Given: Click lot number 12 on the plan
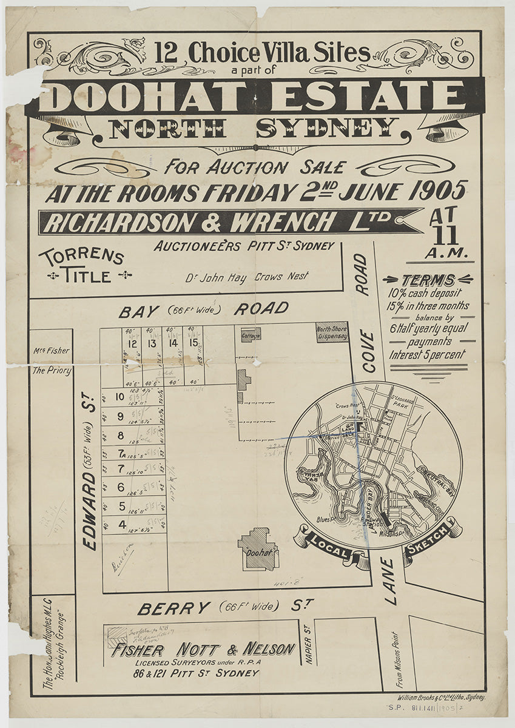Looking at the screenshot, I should [x=132, y=344].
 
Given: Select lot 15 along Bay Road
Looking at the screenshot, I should [x=194, y=343].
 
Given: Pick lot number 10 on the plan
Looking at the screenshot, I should [x=120, y=397].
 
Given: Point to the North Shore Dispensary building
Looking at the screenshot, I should [x=332, y=332].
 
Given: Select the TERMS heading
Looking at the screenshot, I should [x=428, y=280].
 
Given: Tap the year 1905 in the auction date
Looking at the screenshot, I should [x=437, y=191].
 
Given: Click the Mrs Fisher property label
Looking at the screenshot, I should [x=52, y=350].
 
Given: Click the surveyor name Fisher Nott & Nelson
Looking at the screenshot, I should [x=203, y=650].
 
